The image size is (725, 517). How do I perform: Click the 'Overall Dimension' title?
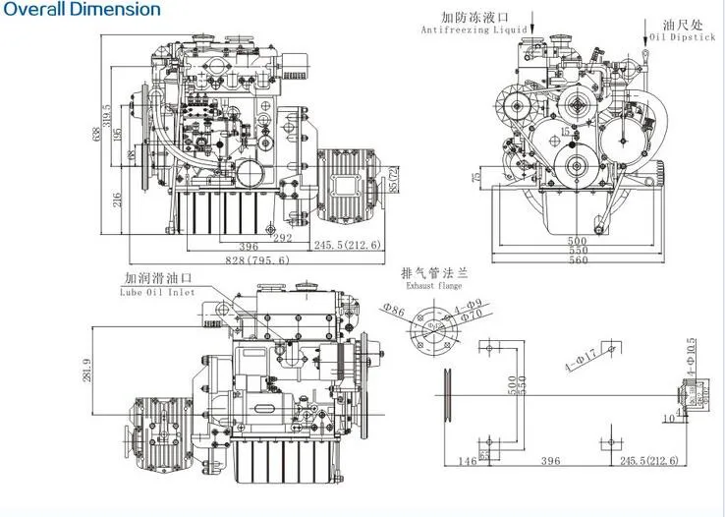(81, 10)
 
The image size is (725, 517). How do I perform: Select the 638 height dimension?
(96, 137)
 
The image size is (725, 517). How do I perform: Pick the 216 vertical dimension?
(116, 201)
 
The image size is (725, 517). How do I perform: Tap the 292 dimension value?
(282, 237)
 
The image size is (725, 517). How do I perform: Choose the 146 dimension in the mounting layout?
(467, 460)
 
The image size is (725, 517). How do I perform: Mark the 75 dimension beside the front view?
(477, 177)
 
